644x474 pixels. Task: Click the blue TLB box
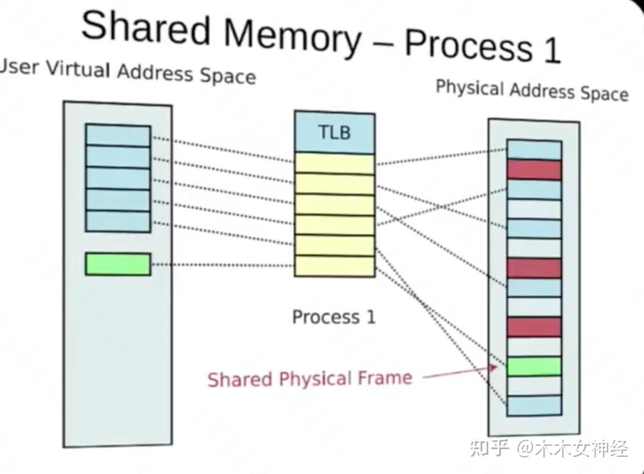pos(334,133)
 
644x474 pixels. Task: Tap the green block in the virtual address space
pos(118,264)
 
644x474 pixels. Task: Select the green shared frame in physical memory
pos(534,366)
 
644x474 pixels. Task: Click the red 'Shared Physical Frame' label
pos(310,379)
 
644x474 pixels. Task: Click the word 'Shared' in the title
pos(146,28)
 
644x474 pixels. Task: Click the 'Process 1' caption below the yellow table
pos(334,317)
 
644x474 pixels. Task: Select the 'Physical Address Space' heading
pos(532,91)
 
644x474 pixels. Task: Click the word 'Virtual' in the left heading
pos(80,70)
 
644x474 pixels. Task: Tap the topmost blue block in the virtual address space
pos(118,136)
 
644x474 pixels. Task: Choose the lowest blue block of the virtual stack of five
pos(118,221)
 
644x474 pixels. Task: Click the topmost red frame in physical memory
pos(534,170)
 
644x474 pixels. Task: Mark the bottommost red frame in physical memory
pos(534,326)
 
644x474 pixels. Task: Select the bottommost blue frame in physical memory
pos(534,405)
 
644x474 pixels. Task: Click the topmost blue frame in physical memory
pos(534,150)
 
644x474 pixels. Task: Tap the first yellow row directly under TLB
pos(334,164)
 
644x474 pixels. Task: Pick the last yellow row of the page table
pos(334,266)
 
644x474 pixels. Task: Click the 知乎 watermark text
pos(489,448)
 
